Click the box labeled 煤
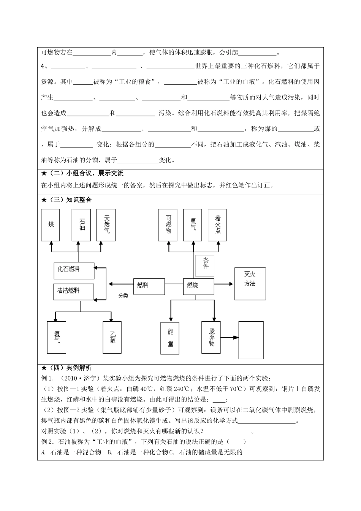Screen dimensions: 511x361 click(51, 225)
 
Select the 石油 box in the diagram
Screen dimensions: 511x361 click(81, 225)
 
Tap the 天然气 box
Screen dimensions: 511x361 click(106, 225)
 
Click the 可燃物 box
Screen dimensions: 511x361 click(168, 225)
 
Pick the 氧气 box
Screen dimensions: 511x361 click(193, 225)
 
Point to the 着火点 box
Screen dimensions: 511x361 click(217, 225)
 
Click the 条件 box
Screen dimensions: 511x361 click(205, 265)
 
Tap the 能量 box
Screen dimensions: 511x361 click(170, 338)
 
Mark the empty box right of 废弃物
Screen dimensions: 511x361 click(251, 340)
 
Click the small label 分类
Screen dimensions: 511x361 click(123, 296)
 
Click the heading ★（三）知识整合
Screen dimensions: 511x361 click(67, 200)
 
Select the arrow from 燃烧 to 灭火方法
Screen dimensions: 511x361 click(224, 284)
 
